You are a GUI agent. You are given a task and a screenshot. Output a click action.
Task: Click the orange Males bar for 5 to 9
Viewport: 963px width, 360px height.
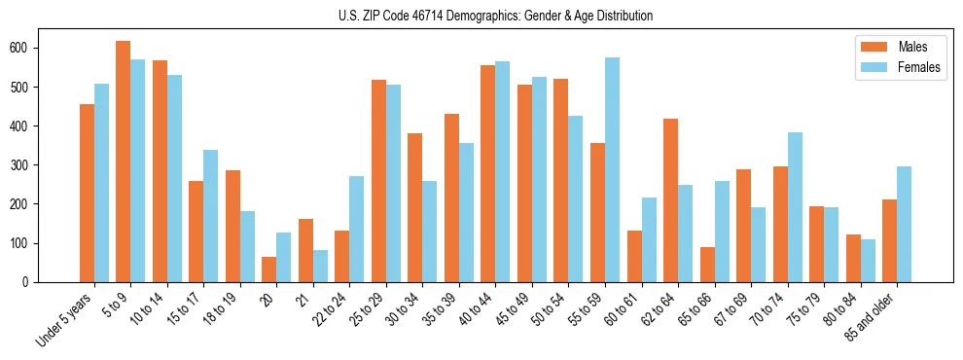click(123, 162)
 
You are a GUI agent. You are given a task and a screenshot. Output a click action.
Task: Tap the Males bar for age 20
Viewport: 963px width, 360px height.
click(268, 270)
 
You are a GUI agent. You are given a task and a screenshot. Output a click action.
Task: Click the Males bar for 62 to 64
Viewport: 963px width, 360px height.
click(670, 200)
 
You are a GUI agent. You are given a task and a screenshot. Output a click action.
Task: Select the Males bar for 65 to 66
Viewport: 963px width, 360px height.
click(707, 265)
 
